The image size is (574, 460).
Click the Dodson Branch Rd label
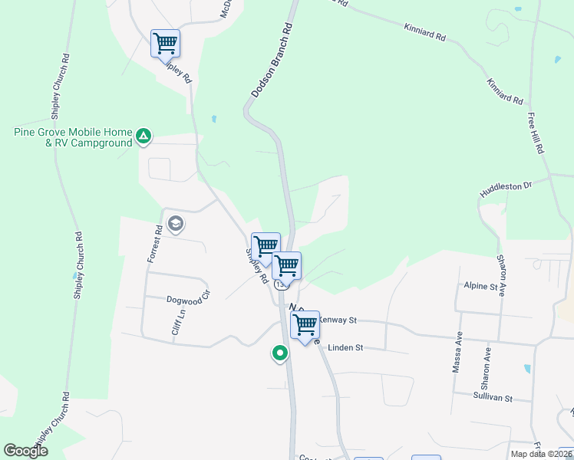[x=272, y=60]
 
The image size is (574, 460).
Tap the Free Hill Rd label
[x=535, y=133]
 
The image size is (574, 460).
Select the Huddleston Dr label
[x=506, y=187]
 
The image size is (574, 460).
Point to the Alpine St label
[x=481, y=286]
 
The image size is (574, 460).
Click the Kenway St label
[x=338, y=320]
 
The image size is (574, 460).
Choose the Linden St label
[x=345, y=347]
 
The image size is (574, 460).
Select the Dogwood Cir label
[x=188, y=299]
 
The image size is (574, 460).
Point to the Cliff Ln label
[x=178, y=322]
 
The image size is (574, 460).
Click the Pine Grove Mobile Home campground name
[x=72, y=137]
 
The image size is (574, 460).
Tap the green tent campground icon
[x=143, y=136]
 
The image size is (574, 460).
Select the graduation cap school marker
[x=175, y=224]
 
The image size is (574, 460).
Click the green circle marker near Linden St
[x=280, y=353]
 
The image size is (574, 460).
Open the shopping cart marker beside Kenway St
[x=305, y=325]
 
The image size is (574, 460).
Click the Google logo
[x=26, y=451]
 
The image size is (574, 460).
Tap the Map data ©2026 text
[x=540, y=454]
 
